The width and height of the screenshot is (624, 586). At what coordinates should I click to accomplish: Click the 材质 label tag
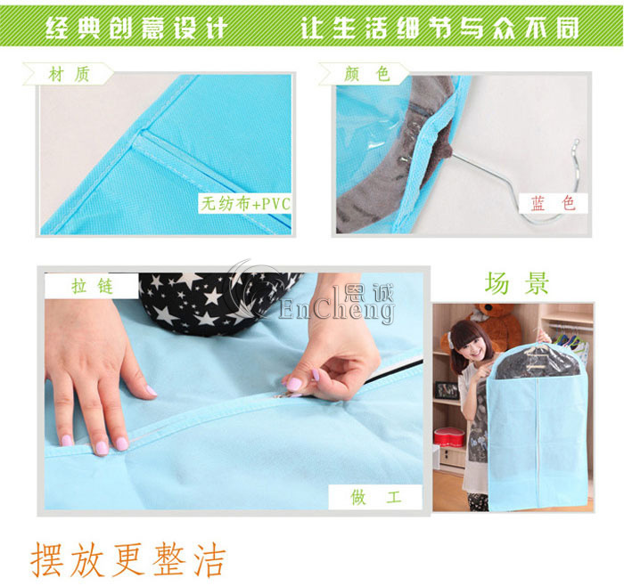[x=69, y=74]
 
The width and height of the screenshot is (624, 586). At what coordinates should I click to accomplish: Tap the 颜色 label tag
[x=365, y=74]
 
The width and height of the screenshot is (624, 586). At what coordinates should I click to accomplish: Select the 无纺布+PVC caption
[x=245, y=204]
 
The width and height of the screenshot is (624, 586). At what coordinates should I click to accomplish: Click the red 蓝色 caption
[x=554, y=203]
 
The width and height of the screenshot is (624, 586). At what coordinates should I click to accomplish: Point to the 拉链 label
[x=92, y=286]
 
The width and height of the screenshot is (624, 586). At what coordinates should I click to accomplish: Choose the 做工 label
[x=375, y=497]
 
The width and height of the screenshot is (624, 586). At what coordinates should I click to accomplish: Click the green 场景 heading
[x=516, y=283]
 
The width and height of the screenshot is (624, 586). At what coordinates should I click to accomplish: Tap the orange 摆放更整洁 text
[x=128, y=560]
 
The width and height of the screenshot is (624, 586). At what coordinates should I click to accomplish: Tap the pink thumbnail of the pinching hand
[x=293, y=384]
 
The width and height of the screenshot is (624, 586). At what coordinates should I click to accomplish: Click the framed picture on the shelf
[x=446, y=390]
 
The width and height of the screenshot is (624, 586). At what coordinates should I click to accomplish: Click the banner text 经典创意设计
[x=136, y=28]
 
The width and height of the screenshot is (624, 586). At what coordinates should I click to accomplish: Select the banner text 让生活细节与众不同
[x=439, y=28]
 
